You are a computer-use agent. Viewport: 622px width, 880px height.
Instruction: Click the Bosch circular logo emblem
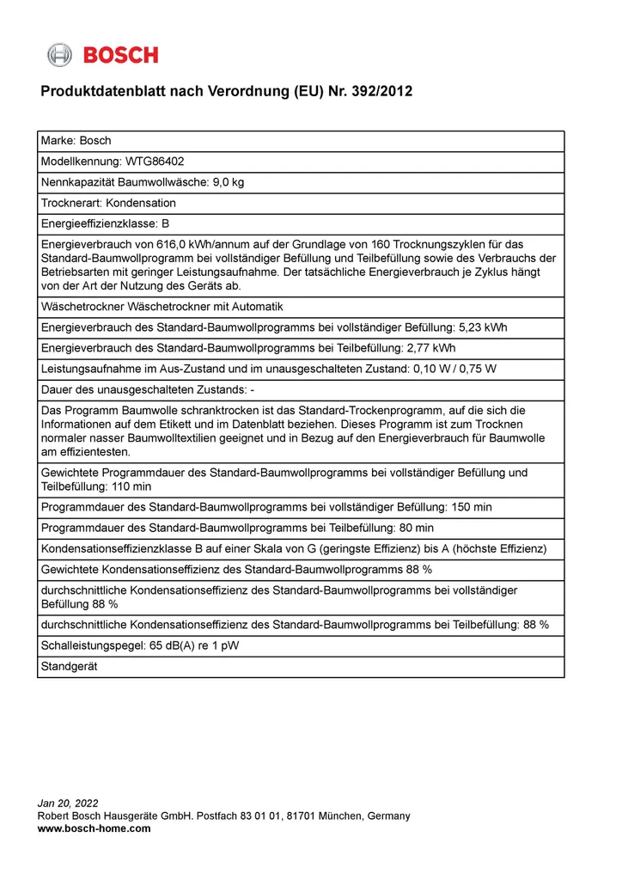pyautogui.click(x=59, y=55)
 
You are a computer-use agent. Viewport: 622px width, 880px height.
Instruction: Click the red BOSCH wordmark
pyautogui.click(x=121, y=55)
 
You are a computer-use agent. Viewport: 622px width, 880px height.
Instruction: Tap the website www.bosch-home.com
pyautogui.click(x=94, y=828)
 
